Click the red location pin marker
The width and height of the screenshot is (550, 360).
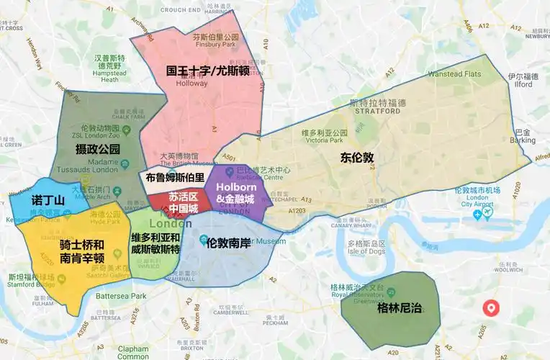tap(492, 307)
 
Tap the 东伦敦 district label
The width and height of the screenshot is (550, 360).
tap(357, 157)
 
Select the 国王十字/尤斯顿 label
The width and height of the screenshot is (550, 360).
tap(212, 71)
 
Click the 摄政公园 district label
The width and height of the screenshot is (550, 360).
tap(97, 150)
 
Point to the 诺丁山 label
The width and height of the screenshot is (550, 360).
tap(48, 199)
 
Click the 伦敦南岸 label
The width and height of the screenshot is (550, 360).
tap(228, 243)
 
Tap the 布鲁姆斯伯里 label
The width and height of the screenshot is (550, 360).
tap(175, 176)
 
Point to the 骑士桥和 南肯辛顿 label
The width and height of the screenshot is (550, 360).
tap(81, 250)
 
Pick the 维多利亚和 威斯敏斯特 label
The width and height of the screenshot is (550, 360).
tap(155, 243)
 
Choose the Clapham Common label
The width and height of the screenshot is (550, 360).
tap(131, 352)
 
